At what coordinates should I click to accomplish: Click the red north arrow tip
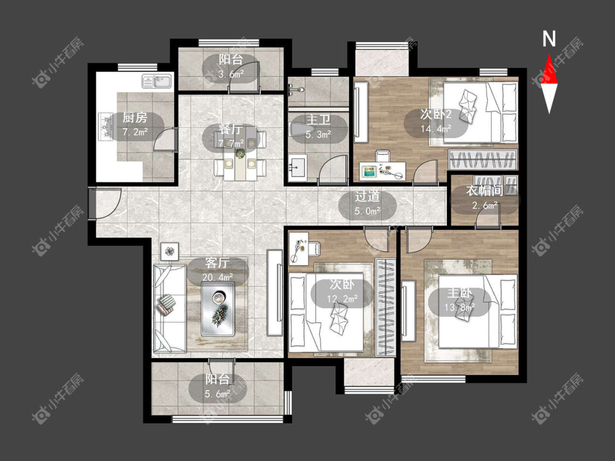549,55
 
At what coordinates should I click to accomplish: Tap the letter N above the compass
549,39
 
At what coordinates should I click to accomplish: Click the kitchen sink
157,81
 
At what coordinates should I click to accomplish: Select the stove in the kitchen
106,127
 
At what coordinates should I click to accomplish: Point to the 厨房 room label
134,117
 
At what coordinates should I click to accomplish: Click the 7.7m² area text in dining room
231,144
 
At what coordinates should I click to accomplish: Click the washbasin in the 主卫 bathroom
297,167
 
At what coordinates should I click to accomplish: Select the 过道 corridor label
367,196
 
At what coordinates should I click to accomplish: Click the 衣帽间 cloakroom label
484,191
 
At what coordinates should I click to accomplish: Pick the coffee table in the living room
218,309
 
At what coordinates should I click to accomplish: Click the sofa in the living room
169,308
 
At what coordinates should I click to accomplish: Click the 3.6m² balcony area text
231,74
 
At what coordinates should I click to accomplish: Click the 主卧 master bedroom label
459,293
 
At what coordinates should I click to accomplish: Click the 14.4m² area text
436,128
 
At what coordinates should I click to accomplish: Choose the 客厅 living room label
217,263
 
